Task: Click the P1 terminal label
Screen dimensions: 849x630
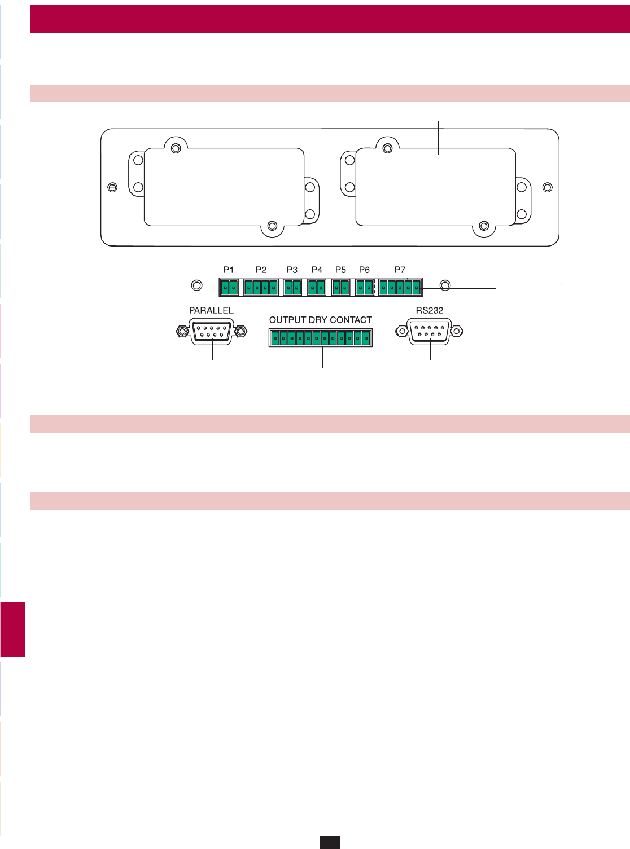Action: [229, 270]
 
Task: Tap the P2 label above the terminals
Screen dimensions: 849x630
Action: [261, 270]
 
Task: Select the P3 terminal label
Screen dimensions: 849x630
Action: [292, 270]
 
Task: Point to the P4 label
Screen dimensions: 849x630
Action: [317, 270]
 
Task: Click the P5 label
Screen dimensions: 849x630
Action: [340, 270]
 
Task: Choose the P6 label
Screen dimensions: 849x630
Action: [364, 270]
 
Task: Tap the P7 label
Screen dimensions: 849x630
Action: [400, 270]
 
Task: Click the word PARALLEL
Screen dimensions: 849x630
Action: [211, 310]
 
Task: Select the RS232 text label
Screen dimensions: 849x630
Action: [430, 310]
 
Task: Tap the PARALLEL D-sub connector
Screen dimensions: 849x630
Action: [212, 331]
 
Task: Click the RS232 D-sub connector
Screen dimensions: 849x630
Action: [430, 331]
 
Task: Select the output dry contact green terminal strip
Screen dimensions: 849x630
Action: [320, 338]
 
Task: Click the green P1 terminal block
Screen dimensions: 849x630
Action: [229, 288]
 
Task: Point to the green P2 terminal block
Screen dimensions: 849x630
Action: [261, 288]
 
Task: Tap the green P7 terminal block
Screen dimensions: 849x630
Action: [400, 288]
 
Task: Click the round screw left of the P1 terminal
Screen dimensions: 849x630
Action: [197, 285]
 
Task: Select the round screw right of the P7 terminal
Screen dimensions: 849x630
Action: [445, 286]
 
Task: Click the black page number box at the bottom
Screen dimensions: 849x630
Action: [330, 842]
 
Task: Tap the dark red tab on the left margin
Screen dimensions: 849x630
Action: [13, 630]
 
